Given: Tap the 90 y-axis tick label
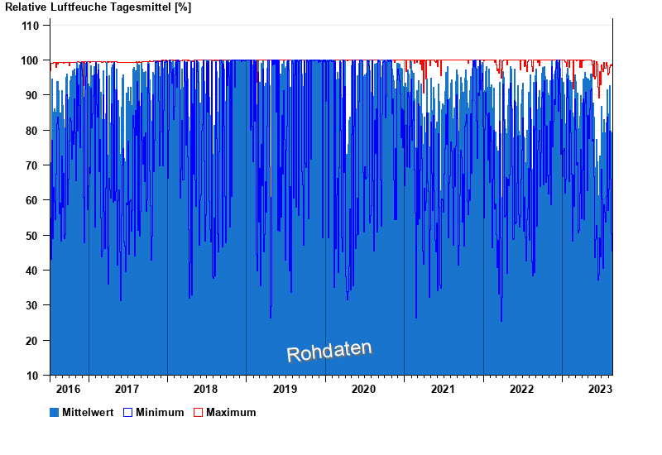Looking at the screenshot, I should click(32, 95).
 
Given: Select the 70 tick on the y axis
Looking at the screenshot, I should click(32, 165).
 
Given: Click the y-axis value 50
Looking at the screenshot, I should click(32, 236).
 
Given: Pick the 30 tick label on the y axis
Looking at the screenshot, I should click(32, 305).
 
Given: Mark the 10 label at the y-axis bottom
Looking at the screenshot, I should click(32, 376).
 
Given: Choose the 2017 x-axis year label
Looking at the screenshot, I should click(127, 389).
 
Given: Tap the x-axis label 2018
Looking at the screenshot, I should click(206, 389).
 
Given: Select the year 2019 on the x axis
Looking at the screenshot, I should click(285, 389).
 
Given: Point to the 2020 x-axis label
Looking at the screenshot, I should click(364, 389).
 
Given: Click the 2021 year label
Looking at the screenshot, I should click(443, 389).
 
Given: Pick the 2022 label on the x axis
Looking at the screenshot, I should click(522, 389).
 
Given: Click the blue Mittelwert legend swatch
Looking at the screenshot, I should click(55, 412).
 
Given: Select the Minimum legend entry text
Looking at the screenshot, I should click(160, 412).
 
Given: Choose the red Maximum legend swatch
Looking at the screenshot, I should click(198, 412).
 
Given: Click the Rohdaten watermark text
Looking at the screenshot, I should click(329, 352).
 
